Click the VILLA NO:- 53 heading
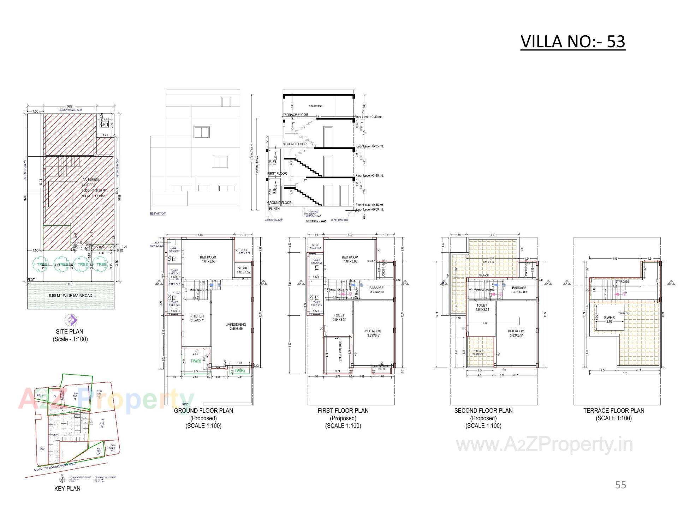[x=573, y=42]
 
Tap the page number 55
[x=620, y=485]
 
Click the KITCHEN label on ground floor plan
[x=197, y=316]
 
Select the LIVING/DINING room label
[x=236, y=325]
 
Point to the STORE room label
[x=243, y=268]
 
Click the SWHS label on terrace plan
[x=609, y=317]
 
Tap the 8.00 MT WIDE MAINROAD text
[x=71, y=296]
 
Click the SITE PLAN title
[x=70, y=332]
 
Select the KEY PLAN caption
[x=67, y=489]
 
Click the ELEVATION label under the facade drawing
[x=157, y=213]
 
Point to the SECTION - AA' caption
[x=316, y=221]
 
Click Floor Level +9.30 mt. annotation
[x=369, y=117]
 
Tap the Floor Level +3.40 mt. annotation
[x=369, y=175]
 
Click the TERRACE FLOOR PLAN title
[x=614, y=411]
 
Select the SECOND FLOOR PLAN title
[x=483, y=411]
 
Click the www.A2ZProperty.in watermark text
[x=544, y=445]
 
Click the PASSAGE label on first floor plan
[x=376, y=288]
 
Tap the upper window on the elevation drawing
[x=202, y=132]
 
